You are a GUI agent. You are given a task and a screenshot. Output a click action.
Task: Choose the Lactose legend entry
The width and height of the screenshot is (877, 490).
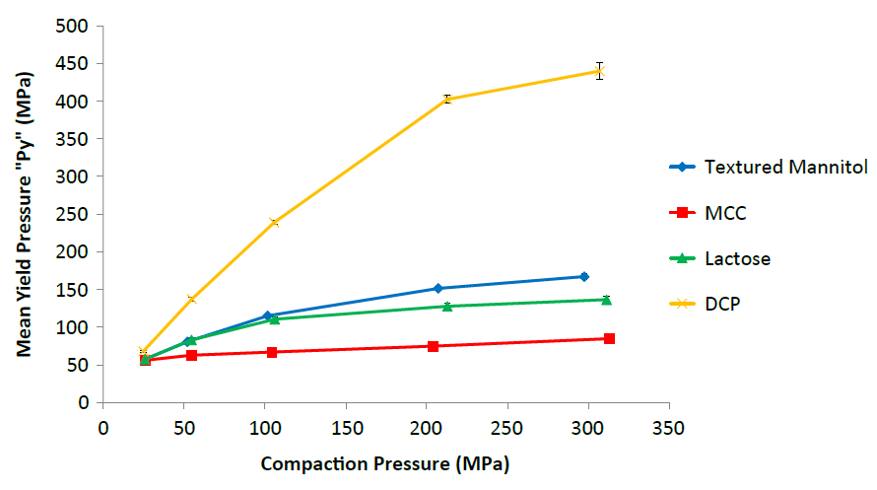coord(737,259)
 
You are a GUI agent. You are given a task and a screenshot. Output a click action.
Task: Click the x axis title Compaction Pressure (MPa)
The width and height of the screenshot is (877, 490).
coord(385,463)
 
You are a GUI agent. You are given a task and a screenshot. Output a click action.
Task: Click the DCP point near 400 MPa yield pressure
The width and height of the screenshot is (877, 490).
coord(447,99)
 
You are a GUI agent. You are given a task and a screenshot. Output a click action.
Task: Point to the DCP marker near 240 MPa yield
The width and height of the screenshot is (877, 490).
coord(274,223)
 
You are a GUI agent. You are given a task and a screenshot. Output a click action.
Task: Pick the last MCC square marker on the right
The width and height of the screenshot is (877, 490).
coord(609,338)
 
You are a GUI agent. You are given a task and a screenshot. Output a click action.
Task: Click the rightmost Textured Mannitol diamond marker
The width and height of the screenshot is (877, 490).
coord(584,277)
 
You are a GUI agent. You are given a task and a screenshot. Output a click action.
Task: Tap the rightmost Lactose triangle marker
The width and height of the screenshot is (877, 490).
coord(606,300)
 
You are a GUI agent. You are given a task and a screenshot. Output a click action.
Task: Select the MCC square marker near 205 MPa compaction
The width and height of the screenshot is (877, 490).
coord(433,346)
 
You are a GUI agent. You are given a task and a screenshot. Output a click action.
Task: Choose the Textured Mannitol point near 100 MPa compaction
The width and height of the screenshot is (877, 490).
coord(267,315)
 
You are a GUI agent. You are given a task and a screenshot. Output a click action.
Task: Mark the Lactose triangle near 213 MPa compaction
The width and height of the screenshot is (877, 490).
coord(447,307)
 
